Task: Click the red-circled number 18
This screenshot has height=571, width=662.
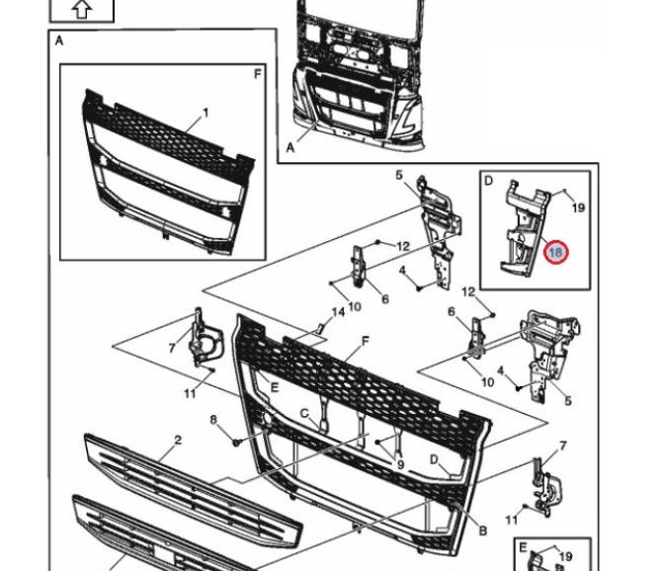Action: [555, 253]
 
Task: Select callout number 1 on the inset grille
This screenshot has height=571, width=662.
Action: [206, 113]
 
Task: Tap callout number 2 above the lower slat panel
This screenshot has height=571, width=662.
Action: [178, 440]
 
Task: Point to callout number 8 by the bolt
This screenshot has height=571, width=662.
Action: [213, 421]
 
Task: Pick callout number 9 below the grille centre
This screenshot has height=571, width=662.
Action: [400, 464]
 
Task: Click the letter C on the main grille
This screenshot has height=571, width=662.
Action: [305, 413]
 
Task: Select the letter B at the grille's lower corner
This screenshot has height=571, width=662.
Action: [482, 530]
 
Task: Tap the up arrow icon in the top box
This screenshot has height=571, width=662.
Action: [82, 9]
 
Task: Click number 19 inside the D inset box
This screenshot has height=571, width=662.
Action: [579, 208]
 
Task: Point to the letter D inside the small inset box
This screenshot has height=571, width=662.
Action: [488, 181]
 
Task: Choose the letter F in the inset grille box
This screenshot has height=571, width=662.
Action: [258, 74]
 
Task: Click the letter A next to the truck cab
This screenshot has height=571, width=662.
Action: [290, 147]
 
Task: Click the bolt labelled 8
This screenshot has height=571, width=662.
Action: [237, 441]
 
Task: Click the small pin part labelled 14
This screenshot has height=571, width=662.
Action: [321, 327]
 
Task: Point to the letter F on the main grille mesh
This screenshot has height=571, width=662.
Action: [365, 341]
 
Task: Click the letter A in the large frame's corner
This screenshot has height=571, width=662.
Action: [59, 41]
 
